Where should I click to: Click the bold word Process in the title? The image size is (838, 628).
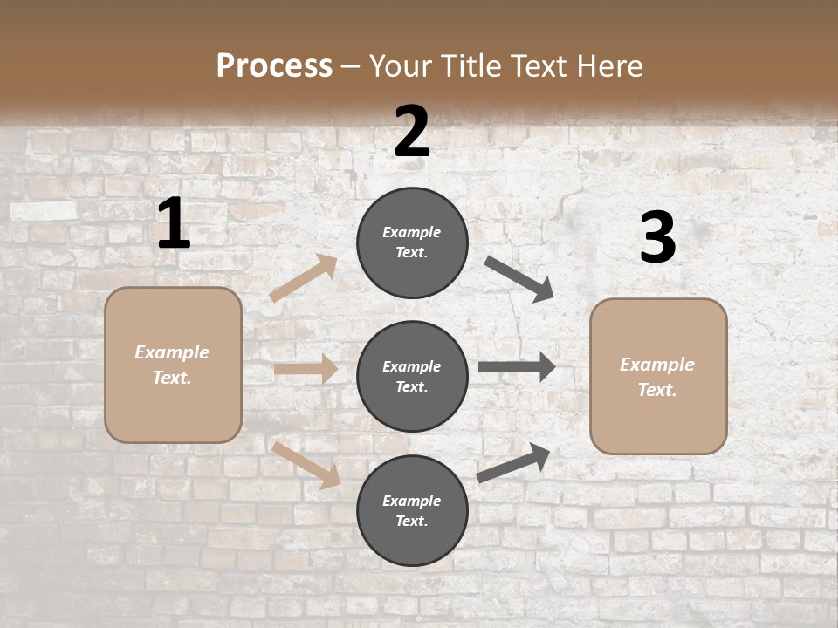coord(274,66)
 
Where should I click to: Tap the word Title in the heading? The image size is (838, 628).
coord(471,66)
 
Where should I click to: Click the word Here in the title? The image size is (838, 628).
coord(608,66)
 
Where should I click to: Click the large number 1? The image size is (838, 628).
coord(174,223)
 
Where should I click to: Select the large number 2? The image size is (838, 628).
coord(412,132)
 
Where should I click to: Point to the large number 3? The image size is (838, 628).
coord(658,238)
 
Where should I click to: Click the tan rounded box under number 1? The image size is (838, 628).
coord(173,365)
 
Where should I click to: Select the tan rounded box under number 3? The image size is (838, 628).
coord(658,377)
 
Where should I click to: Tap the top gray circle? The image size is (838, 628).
coord(412,242)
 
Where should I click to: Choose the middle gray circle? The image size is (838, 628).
coord(412,377)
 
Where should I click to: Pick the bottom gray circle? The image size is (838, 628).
coord(412,511)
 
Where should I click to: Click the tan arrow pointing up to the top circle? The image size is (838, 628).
coord(304,278)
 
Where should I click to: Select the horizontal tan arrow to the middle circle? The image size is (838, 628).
coord(306,369)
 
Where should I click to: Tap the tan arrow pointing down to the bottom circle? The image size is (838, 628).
coord(306,465)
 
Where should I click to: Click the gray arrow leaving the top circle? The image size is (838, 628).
coord(519,278)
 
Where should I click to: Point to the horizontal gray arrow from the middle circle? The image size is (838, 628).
coord(517,367)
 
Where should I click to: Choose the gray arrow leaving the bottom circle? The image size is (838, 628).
coord(513,463)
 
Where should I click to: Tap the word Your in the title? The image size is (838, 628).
coord(402,66)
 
